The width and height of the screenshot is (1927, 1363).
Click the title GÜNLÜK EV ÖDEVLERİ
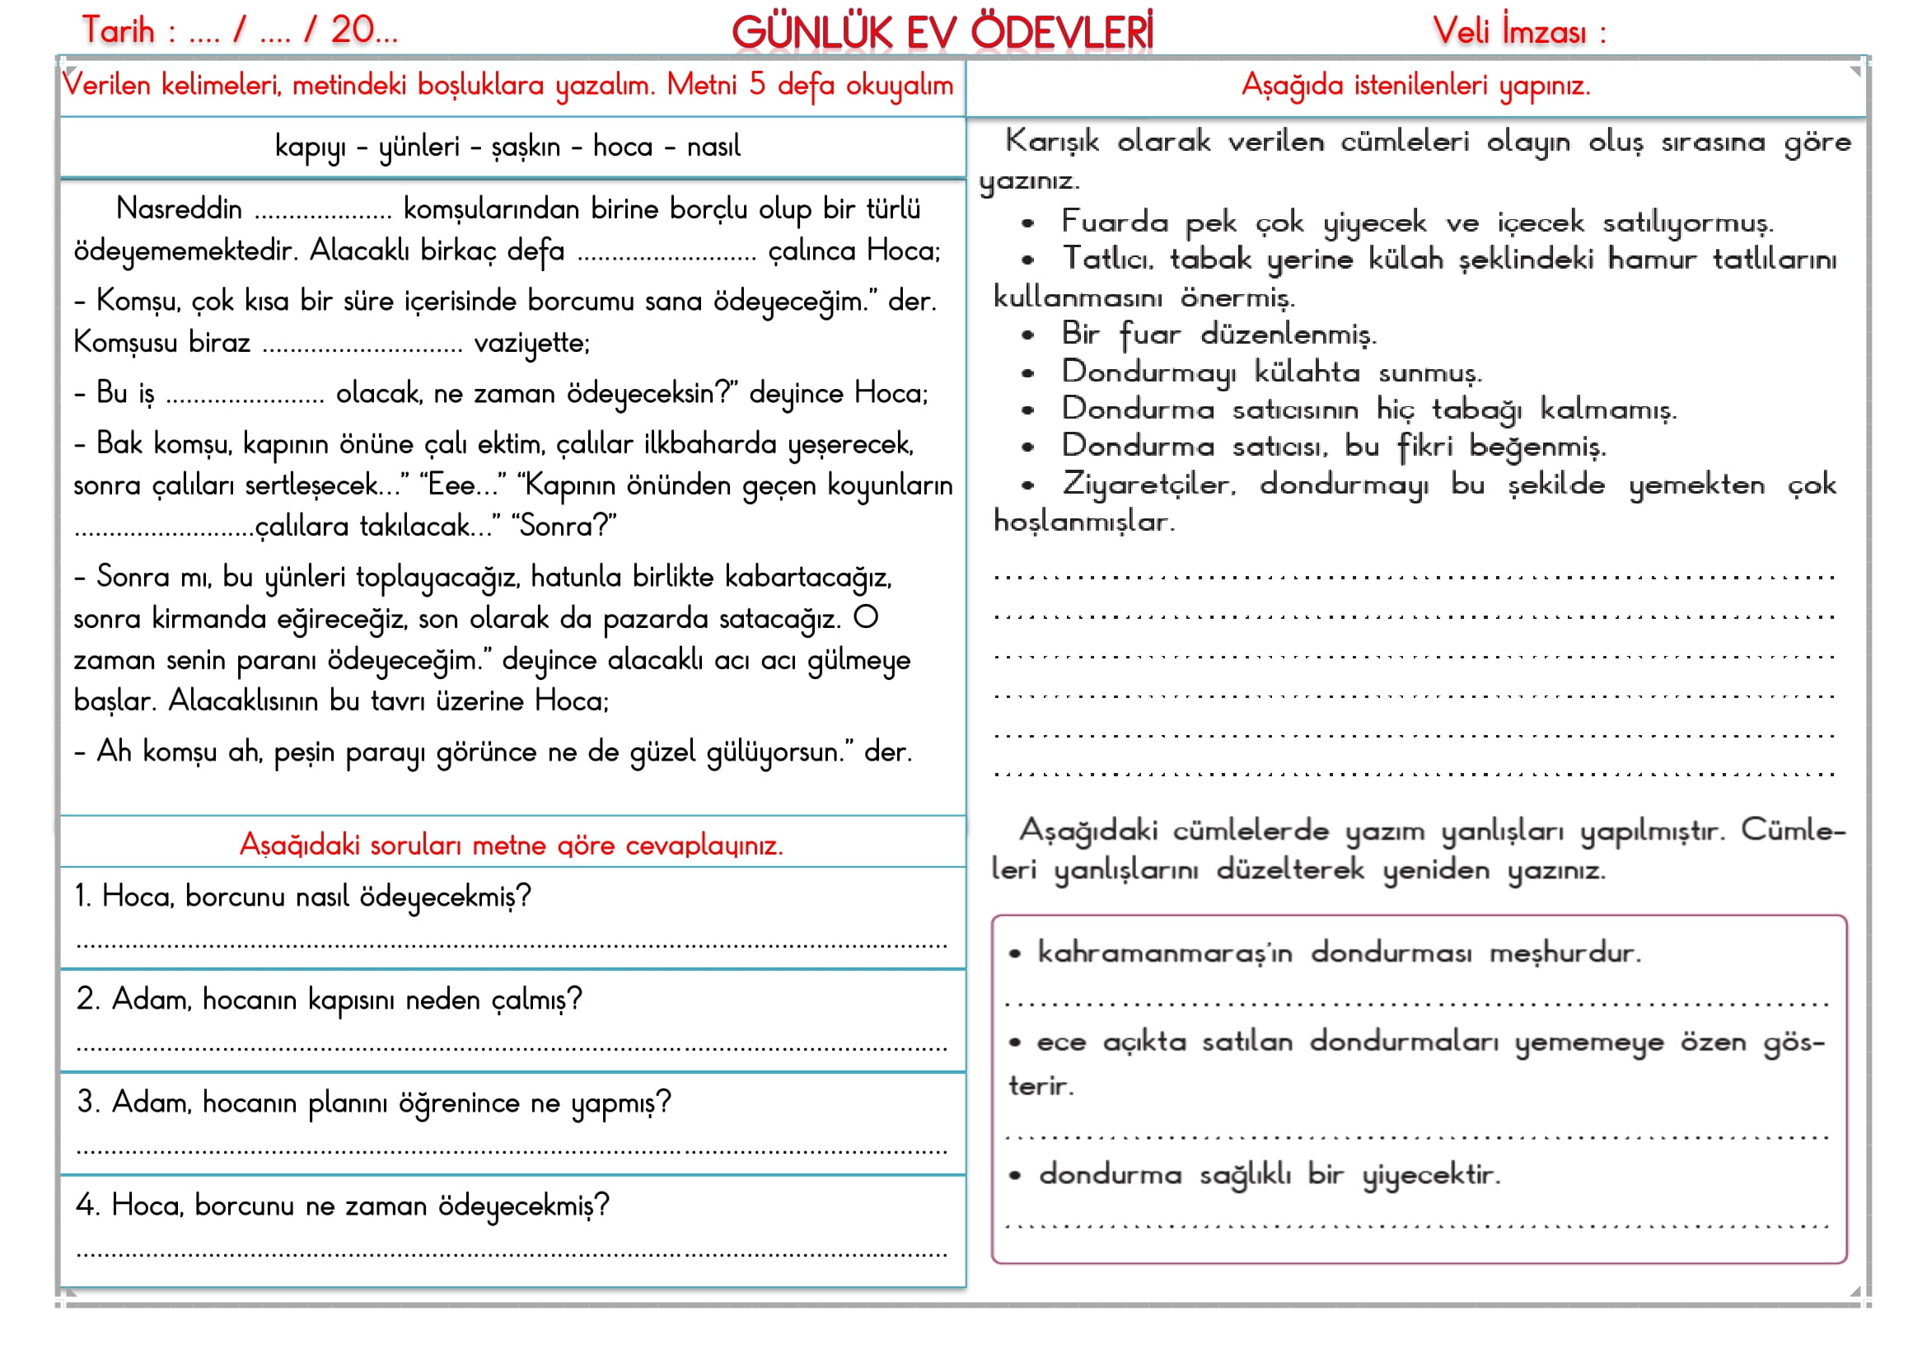tap(942, 32)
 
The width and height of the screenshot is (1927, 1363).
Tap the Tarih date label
tap(119, 31)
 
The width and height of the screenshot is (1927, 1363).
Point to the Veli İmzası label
tap(1518, 32)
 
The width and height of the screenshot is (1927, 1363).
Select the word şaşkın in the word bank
tap(526, 147)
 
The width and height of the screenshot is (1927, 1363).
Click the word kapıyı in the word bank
tap(310, 147)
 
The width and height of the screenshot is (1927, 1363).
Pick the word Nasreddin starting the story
tap(179, 208)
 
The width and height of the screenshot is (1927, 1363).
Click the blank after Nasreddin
tap(323, 213)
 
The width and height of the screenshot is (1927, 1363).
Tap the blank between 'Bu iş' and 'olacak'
tap(245, 398)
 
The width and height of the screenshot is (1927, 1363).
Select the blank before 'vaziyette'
tap(362, 348)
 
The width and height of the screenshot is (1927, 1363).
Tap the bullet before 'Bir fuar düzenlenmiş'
tap(1027, 335)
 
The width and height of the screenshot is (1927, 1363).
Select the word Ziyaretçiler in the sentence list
tap(1149, 485)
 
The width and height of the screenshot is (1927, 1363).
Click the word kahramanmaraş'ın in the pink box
tap(1164, 953)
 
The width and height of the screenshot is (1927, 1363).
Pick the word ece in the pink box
tap(1061, 1042)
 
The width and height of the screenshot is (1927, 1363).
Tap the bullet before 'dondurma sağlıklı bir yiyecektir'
tap(1015, 1176)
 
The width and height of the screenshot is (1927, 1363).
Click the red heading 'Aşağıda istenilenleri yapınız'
tap(1416, 85)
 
